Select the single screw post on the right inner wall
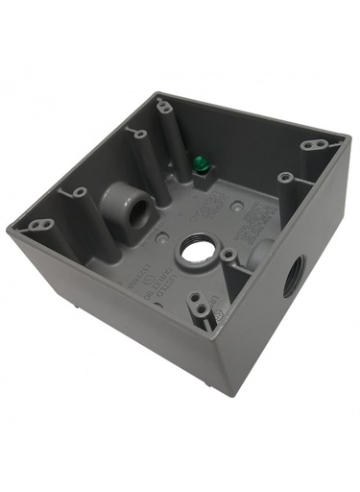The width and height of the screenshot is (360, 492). click(284, 177)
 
